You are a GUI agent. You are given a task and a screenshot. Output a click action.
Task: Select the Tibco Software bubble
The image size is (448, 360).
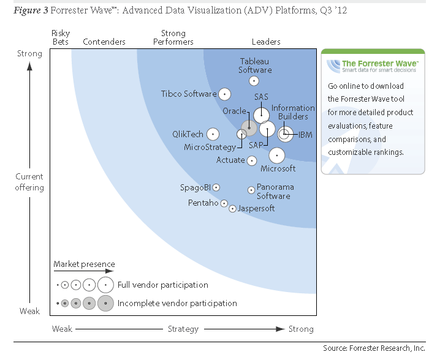point(224,94)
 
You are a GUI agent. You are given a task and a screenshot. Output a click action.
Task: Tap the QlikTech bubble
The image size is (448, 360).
point(213,134)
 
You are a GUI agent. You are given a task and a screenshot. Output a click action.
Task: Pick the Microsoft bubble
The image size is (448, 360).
point(276,156)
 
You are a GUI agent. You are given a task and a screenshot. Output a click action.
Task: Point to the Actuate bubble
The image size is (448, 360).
point(251,160)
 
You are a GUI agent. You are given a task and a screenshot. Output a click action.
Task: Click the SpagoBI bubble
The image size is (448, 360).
point(216,187)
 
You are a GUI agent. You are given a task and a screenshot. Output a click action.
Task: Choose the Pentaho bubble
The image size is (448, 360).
point(224,203)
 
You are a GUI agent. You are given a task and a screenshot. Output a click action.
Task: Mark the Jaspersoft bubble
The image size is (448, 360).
point(232,209)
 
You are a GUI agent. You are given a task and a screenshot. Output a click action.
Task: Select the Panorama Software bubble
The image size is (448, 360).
point(251,190)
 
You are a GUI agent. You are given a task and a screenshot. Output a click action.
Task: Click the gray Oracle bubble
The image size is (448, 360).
point(248,128)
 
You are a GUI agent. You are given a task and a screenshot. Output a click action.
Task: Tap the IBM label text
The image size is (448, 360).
point(305,135)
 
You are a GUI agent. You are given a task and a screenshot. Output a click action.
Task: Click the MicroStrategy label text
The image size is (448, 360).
point(210,147)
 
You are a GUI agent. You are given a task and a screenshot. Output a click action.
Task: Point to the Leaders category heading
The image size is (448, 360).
point(266,42)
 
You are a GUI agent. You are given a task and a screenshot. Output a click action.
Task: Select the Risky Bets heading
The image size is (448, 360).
point(61,37)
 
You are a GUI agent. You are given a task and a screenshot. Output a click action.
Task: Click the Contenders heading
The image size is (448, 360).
point(104,42)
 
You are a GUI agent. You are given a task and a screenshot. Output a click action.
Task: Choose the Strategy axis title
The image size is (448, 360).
point(183,329)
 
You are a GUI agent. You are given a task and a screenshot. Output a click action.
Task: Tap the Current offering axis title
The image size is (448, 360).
point(29,182)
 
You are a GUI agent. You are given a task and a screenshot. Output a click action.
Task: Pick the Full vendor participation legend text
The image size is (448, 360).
point(162,285)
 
